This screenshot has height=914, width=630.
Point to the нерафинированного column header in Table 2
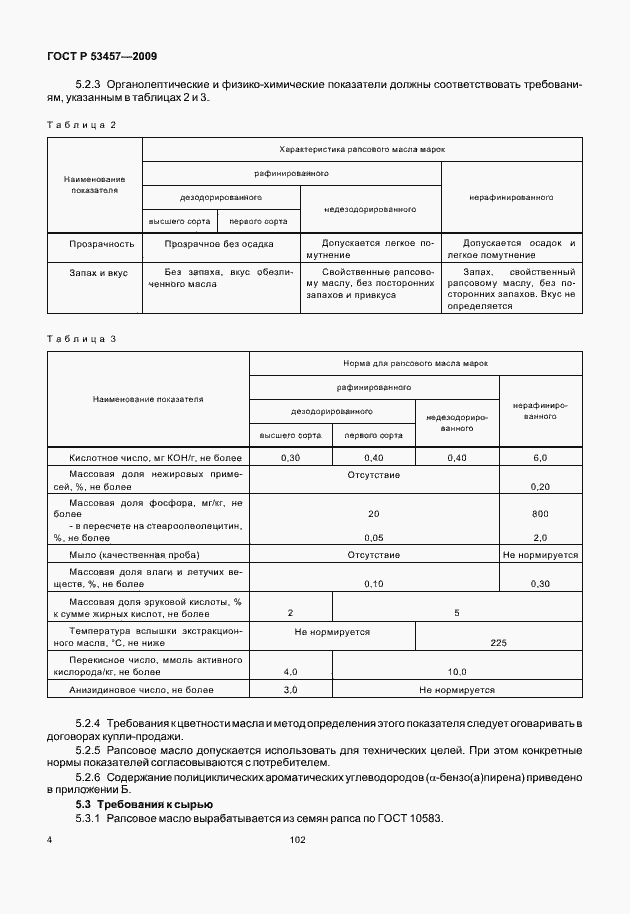click(510, 197)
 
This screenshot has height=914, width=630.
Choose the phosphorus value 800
click(541, 513)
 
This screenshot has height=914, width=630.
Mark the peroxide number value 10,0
click(457, 672)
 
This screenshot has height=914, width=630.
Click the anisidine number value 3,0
click(290, 690)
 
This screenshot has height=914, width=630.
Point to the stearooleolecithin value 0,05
click(374, 536)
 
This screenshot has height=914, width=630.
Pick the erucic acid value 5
click(457, 612)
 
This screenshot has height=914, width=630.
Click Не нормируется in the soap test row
click(541, 553)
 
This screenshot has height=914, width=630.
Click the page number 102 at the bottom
click(297, 840)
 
